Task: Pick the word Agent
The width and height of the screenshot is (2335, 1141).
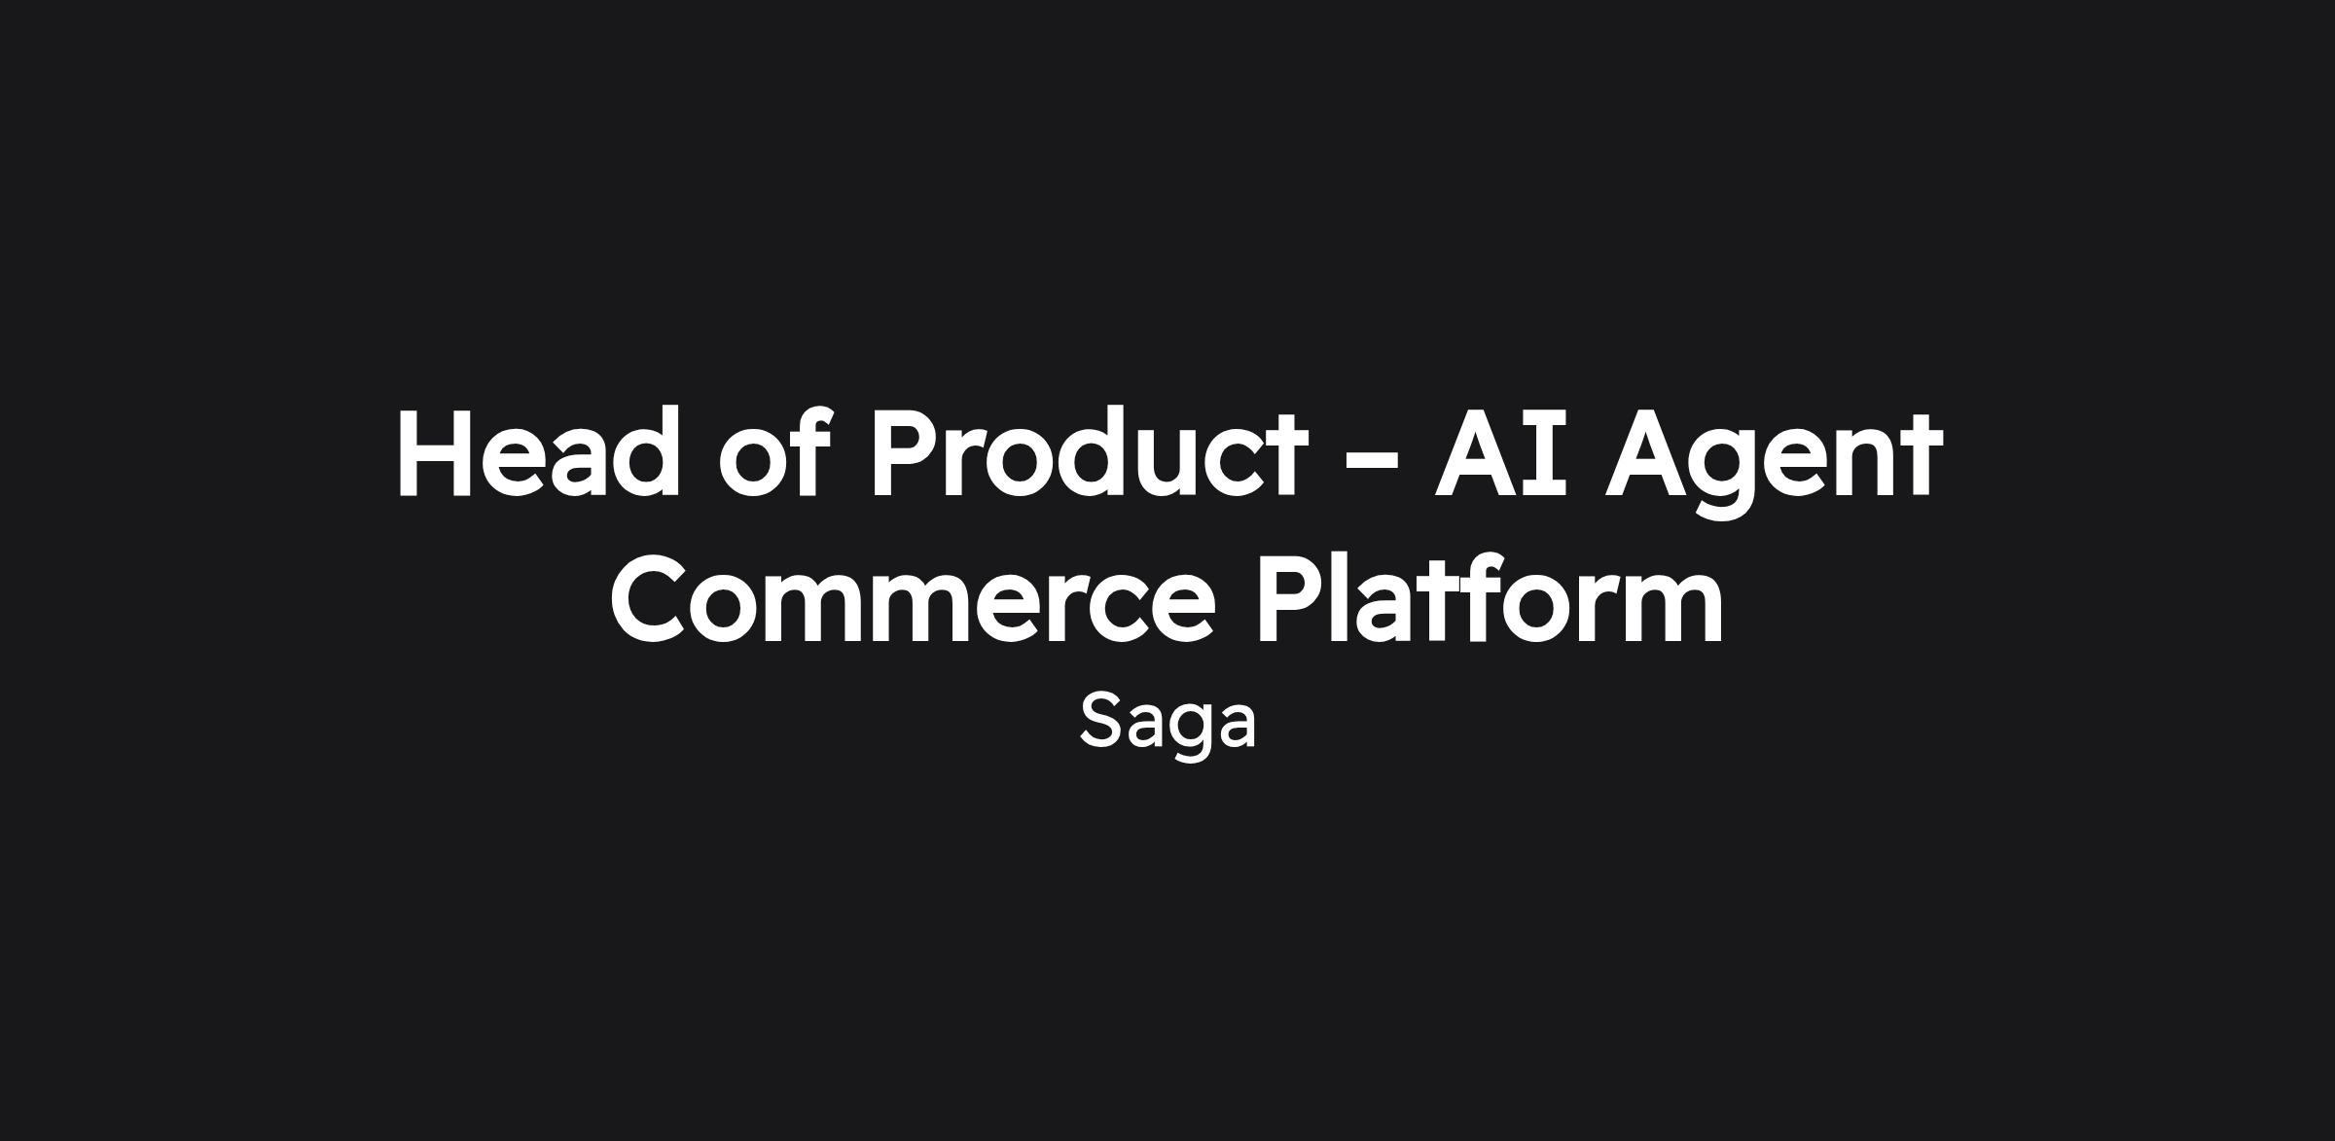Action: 1774,462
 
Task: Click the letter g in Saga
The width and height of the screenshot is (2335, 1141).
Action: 1185,734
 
